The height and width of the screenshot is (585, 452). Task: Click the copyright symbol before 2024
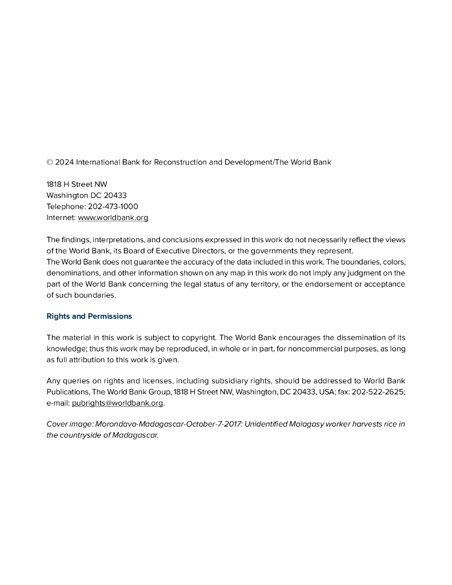click(x=50, y=162)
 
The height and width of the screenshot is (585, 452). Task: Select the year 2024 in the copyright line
click(x=65, y=162)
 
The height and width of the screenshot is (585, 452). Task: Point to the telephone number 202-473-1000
click(x=113, y=206)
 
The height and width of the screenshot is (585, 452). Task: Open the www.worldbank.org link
click(x=113, y=218)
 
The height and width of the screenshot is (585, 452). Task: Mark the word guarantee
click(x=137, y=262)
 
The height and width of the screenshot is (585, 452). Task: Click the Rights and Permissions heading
click(x=89, y=316)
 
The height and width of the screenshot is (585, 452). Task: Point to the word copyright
click(x=197, y=338)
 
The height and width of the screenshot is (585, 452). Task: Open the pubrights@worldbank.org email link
click(x=117, y=403)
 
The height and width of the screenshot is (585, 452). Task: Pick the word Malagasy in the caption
click(x=309, y=424)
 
